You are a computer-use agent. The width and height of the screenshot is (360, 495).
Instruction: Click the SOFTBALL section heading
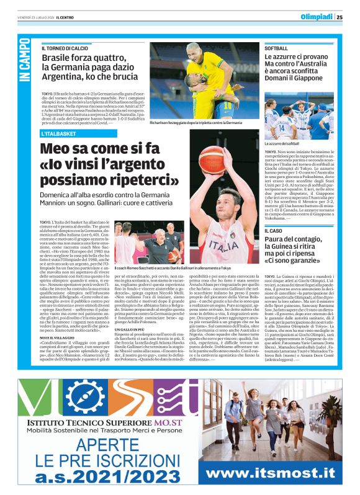coord(276,48)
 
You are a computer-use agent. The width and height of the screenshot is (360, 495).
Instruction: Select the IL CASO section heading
coord(273,231)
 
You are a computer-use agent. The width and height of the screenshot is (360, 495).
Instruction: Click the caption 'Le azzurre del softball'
coord(286,144)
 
